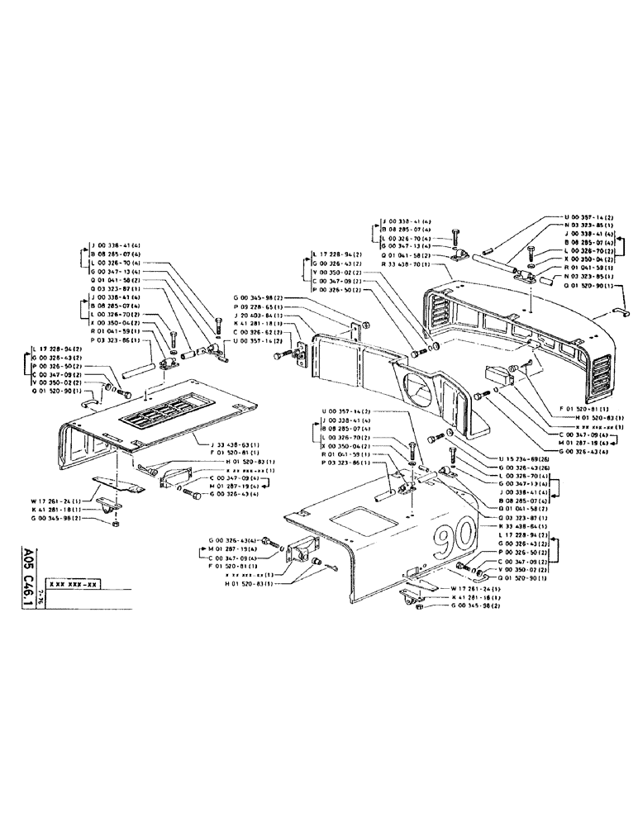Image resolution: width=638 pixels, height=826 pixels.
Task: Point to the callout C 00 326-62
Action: [260, 333]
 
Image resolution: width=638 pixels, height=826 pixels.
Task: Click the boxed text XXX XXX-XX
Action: [74, 583]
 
